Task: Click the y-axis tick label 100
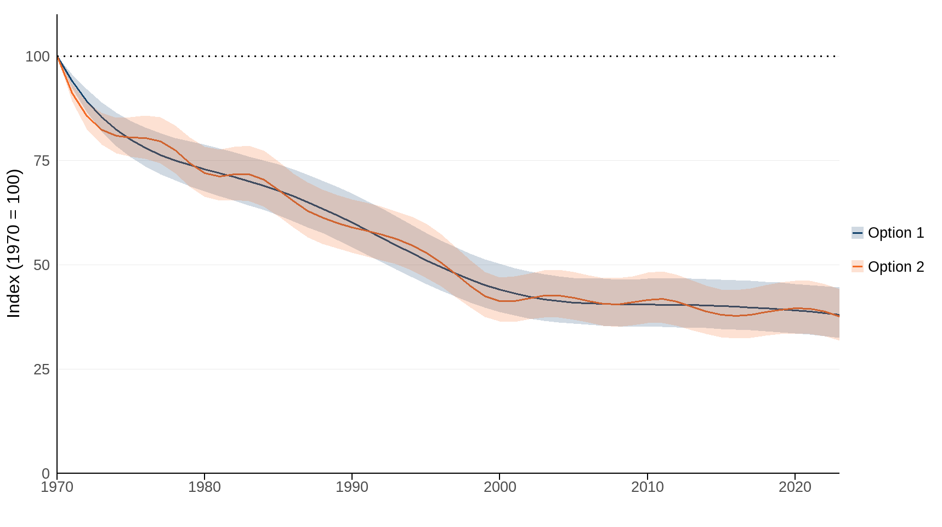(37, 57)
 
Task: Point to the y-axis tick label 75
(41, 161)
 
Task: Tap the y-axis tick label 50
(41, 265)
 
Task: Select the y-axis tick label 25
(41, 369)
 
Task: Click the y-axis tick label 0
(46, 473)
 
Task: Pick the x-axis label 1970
(57, 487)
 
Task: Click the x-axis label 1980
(205, 487)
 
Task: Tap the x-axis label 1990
(352, 487)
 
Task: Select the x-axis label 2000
(500, 487)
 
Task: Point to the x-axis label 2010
(648, 487)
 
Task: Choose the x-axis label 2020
(795, 487)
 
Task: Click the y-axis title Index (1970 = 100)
(14, 243)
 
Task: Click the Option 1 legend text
(896, 233)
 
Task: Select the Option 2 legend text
(896, 267)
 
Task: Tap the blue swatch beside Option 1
(858, 233)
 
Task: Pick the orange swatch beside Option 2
(858, 267)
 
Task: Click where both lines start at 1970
(58, 57)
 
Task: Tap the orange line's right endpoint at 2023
(839, 317)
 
